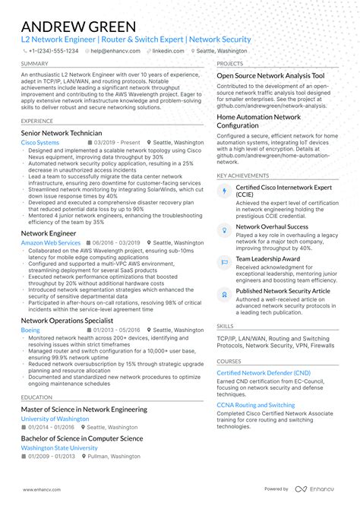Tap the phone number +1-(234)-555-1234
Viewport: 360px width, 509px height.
coord(53,51)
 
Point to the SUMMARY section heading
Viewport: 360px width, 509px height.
coord(35,64)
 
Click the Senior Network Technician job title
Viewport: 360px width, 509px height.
coord(62,133)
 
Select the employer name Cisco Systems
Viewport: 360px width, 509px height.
coord(39,142)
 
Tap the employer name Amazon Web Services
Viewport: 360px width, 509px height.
coord(50,242)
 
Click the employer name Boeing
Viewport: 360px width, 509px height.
coord(30,330)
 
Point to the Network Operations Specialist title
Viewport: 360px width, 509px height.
coord(68,321)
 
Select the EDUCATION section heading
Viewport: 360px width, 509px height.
coord(36,397)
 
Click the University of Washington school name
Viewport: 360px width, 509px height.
coord(55,419)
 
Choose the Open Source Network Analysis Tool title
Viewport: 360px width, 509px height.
coord(270,76)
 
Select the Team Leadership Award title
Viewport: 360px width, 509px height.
coord(267,258)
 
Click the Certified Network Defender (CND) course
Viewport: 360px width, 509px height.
coord(264,373)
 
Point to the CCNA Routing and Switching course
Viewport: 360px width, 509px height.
coord(256,405)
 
